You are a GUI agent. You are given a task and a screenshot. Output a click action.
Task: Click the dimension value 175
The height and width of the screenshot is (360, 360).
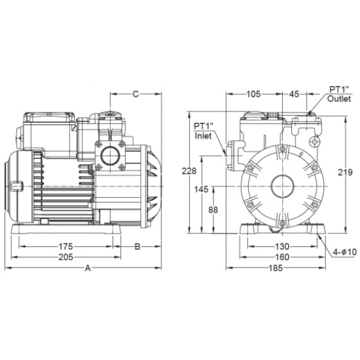pos(66,246)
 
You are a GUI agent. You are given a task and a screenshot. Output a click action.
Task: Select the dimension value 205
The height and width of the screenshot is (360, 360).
pos(66,257)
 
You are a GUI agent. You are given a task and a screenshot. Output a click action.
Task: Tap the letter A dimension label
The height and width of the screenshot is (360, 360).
pos(88,268)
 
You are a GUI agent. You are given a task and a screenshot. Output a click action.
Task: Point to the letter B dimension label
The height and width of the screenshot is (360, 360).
pos(138,246)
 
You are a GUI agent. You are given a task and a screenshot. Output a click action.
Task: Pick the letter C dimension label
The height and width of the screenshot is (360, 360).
pos(136,94)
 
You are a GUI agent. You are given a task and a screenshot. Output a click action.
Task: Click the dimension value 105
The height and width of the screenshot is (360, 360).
pos(253,94)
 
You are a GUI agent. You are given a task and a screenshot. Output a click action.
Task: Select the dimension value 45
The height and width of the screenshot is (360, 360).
pos(294,94)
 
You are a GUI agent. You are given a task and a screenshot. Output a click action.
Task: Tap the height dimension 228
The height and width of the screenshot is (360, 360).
pos(189,171)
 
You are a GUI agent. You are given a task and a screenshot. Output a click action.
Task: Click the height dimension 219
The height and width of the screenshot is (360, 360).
pos(345,172)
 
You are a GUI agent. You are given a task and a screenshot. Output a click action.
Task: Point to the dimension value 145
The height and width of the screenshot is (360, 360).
pos(201,190)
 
